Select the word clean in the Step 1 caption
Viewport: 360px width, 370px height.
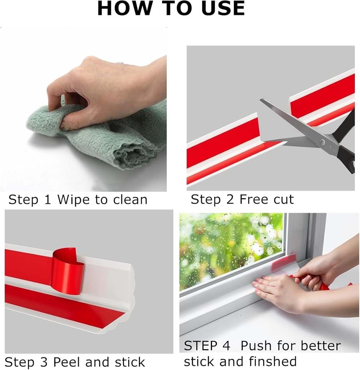tap(130, 199)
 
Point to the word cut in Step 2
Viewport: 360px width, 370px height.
tap(283, 199)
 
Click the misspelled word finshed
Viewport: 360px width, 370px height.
tap(273, 361)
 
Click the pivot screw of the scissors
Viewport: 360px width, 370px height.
tap(322, 142)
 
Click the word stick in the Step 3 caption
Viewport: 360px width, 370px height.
tap(130, 362)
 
